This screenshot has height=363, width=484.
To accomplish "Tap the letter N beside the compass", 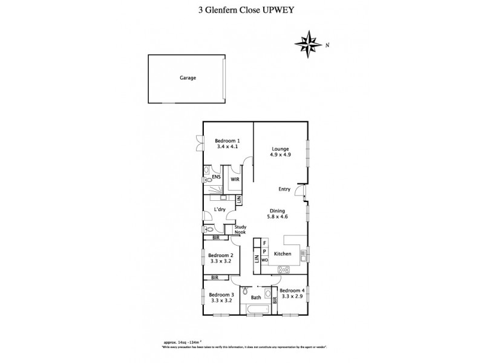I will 327,44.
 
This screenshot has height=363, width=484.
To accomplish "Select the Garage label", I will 187,78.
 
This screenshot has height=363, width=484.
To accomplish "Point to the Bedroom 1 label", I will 227,140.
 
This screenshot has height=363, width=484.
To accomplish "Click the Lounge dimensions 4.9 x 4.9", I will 280,154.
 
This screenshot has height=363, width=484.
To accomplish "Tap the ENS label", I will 215,177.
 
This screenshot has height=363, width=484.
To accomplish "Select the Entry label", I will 284,189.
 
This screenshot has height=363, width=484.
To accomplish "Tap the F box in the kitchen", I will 264,243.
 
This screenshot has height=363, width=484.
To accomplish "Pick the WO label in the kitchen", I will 264,260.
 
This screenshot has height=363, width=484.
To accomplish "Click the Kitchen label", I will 283,253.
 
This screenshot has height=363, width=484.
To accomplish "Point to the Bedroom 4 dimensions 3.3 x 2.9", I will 293,296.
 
